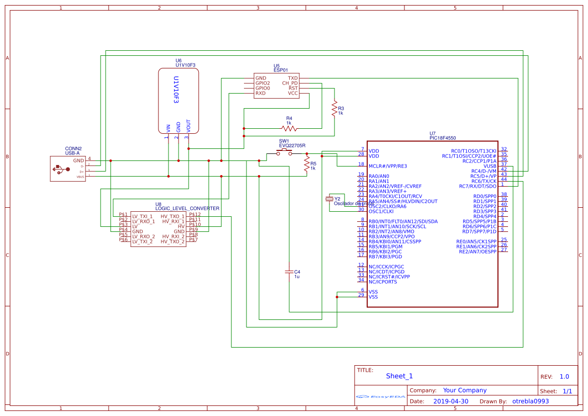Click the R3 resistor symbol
coord(334,108)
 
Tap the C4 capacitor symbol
coord(289,272)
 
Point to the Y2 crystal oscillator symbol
coord(330,199)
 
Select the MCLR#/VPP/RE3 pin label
coord(387,166)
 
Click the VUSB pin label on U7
coord(489,166)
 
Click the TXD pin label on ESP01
coord(293,78)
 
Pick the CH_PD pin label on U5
coord(290,83)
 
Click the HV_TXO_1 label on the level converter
coord(173,216)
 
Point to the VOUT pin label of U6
coord(188,126)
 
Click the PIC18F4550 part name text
coord(443,138)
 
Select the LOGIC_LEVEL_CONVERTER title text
coord(187,208)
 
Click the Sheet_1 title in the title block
coord(399,376)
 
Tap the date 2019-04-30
coord(450,401)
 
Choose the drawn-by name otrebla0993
coord(530,401)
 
